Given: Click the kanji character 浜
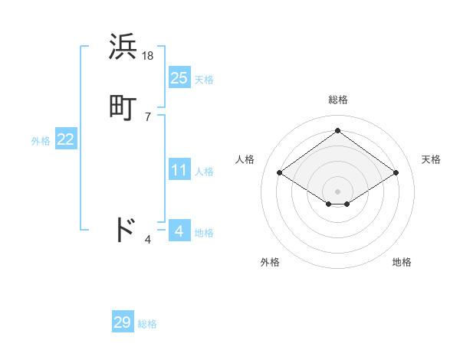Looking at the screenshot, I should click(x=123, y=47).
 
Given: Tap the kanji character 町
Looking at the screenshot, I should click(x=123, y=107).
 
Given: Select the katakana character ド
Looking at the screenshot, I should click(x=123, y=230).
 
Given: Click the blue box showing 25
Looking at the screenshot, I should click(x=179, y=77).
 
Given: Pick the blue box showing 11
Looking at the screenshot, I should click(x=179, y=170).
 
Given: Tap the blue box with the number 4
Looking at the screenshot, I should click(x=179, y=231).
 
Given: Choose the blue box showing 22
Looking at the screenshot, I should click(x=66, y=139).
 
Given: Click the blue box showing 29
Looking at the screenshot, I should click(x=123, y=322).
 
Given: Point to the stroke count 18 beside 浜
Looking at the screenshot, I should click(x=149, y=55).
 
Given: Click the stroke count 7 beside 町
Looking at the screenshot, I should click(x=148, y=117).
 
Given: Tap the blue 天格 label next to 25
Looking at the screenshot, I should click(x=204, y=80).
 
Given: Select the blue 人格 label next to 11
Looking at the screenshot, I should click(x=204, y=172).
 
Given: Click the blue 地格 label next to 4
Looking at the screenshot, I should click(x=204, y=233).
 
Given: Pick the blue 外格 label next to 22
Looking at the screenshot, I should click(x=41, y=141).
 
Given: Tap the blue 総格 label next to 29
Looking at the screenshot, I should click(x=147, y=325).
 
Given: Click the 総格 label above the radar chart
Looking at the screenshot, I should click(x=337, y=100).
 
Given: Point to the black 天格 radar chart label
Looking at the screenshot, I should click(x=431, y=159).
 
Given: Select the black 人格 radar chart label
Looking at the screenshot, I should click(x=245, y=159).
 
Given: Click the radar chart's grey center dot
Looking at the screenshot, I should click(x=337, y=191).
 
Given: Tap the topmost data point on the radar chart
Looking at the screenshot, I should click(x=337, y=130).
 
